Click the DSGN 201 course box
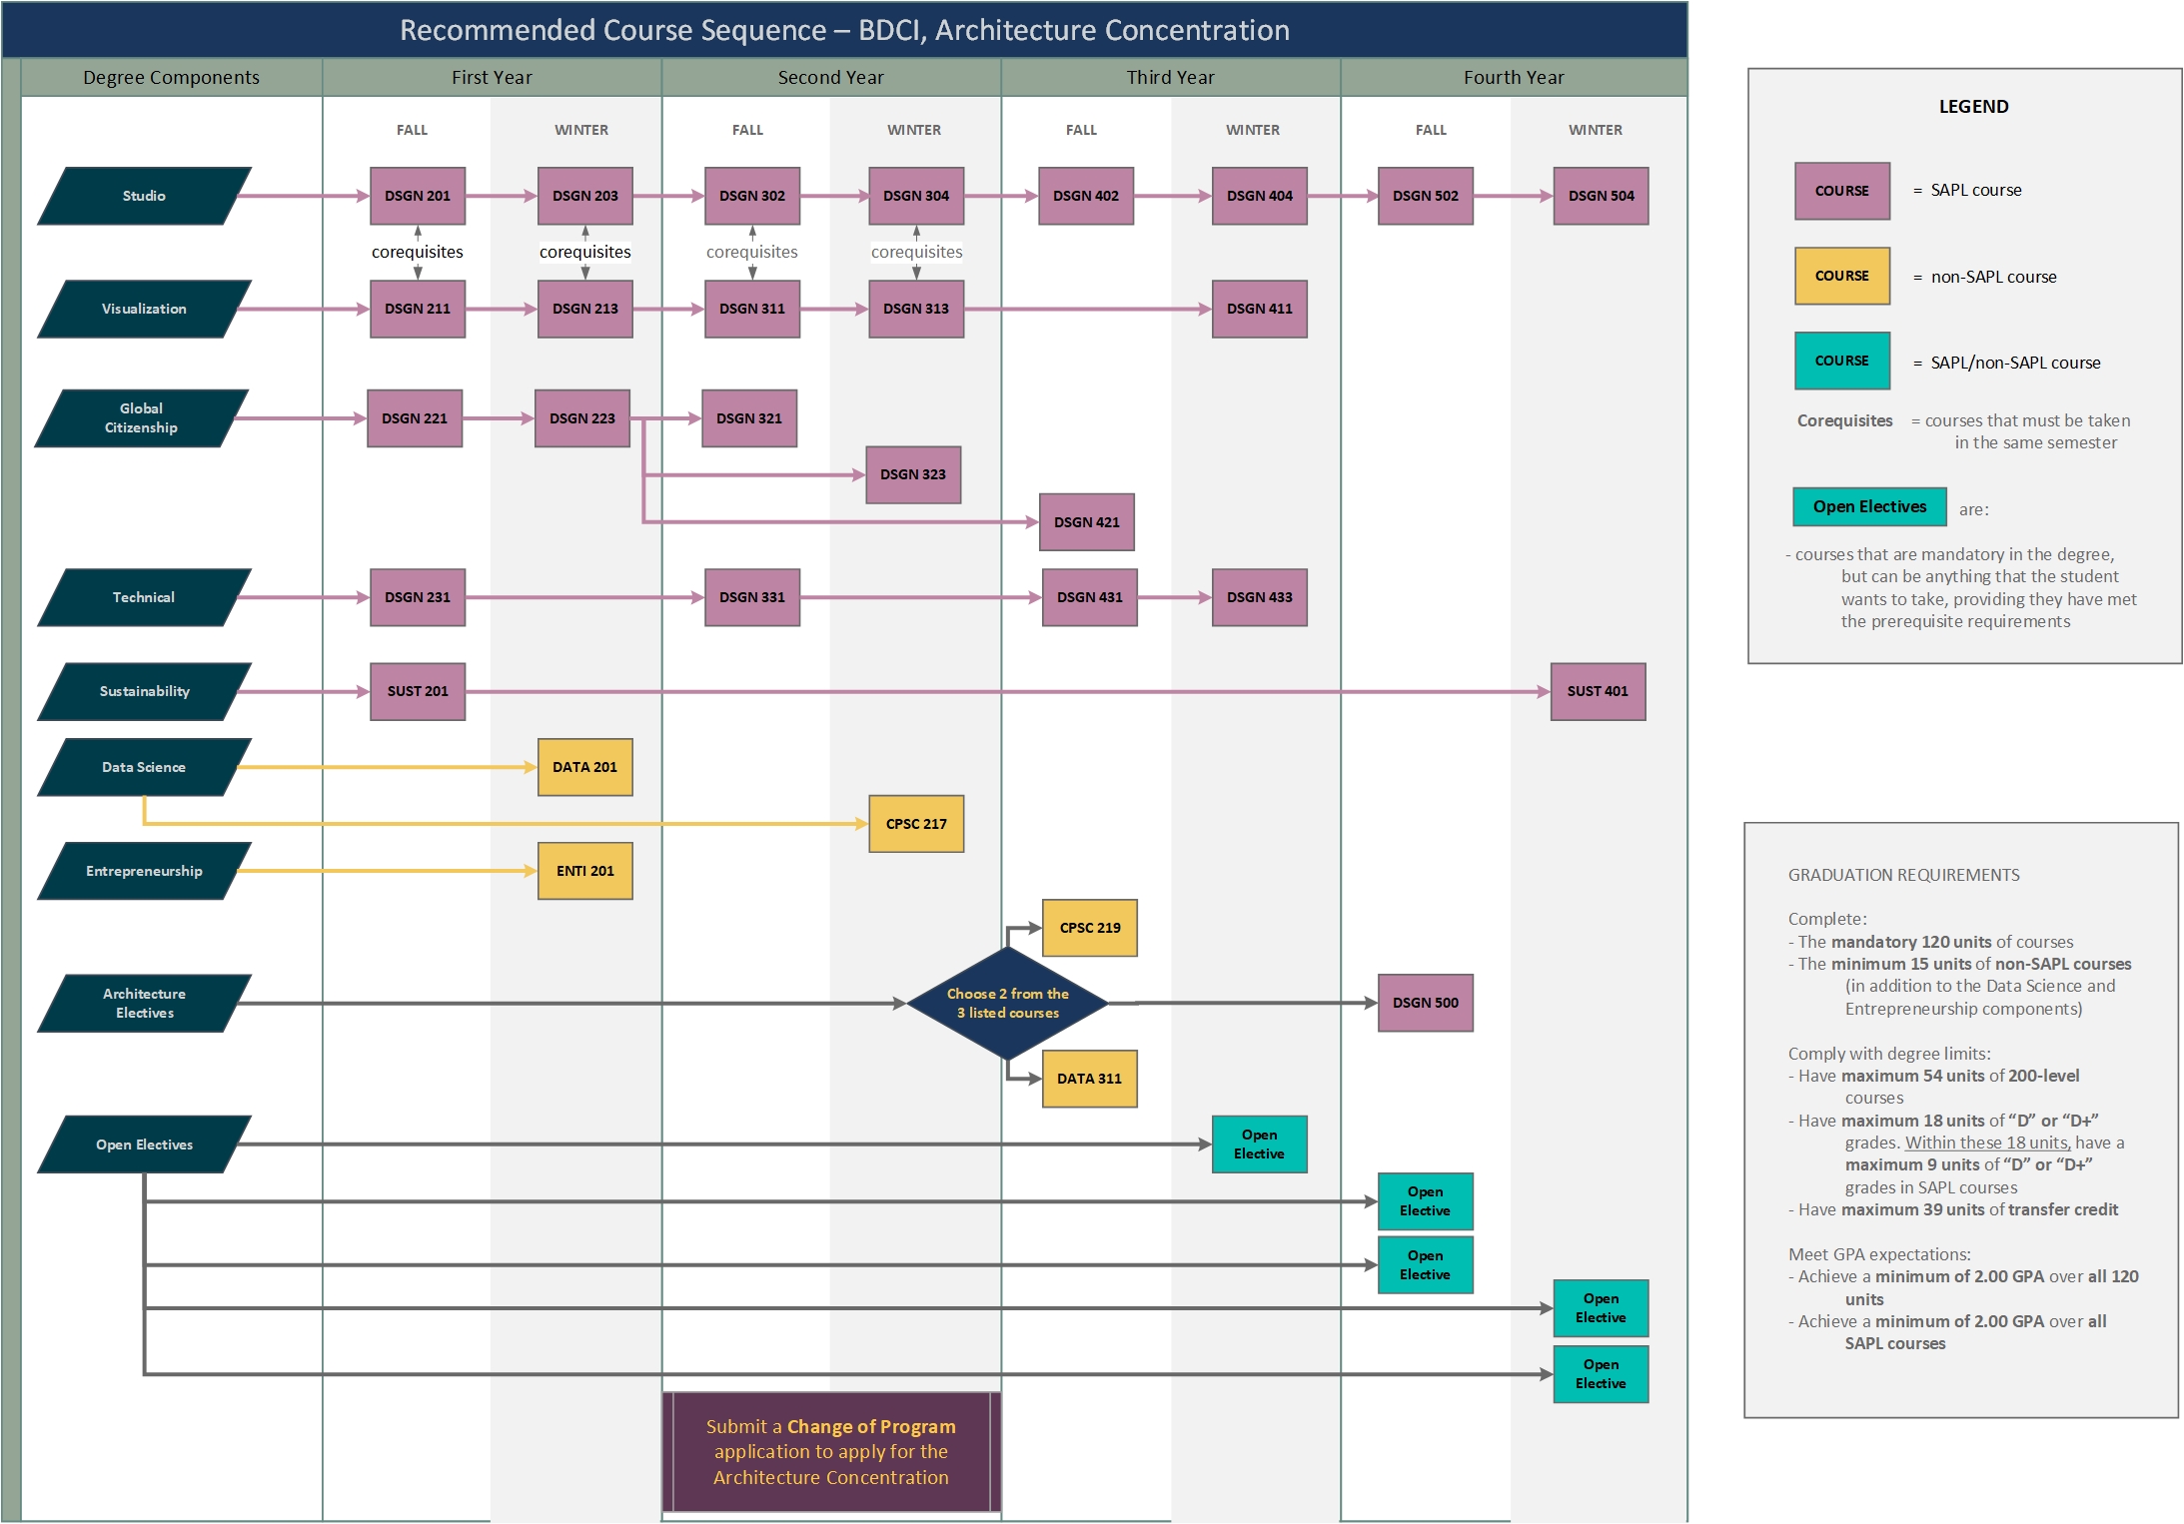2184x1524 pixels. [418, 196]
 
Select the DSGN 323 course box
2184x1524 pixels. [913, 474]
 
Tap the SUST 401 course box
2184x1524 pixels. [1598, 691]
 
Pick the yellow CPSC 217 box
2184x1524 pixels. [916, 824]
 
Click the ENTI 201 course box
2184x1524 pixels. [585, 871]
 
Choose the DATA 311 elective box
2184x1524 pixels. [1089, 1079]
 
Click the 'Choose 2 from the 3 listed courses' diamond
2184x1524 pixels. [1008, 1003]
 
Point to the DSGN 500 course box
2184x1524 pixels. [1426, 1003]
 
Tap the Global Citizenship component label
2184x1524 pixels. [142, 418]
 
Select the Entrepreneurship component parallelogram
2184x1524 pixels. [145, 871]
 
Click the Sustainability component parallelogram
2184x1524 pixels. [145, 691]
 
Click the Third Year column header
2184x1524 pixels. [1170, 78]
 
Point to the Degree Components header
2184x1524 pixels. [171, 78]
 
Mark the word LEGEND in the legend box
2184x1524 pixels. [1973, 107]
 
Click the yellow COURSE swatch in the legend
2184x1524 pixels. [1842, 276]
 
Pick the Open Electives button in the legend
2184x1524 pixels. [1869, 506]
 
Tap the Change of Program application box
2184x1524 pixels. [831, 1452]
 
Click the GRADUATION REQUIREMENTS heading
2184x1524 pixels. [1903, 875]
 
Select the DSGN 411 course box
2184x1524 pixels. [1260, 309]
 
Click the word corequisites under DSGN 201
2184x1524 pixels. [418, 252]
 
